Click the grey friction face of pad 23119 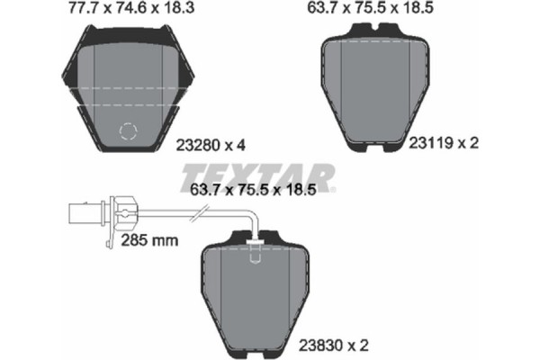click(375, 85)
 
